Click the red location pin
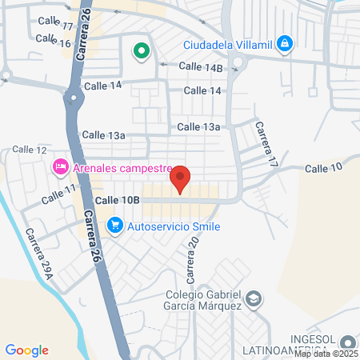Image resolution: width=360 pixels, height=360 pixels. (180, 178)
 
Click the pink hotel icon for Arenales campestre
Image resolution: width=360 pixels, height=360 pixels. (59, 168)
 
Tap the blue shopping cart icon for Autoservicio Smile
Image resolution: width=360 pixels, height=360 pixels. (115, 226)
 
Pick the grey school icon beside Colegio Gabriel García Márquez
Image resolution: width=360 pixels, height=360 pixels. (254, 299)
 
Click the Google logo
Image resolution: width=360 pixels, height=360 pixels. (26, 350)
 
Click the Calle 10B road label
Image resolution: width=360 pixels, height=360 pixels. (118, 199)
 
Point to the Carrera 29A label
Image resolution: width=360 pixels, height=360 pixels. (38, 254)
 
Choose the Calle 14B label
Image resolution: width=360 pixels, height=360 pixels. (200, 67)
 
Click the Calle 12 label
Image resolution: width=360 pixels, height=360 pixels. (30, 150)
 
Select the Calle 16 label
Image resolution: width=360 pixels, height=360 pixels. (54, 42)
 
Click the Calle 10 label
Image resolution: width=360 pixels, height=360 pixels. (323, 167)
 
